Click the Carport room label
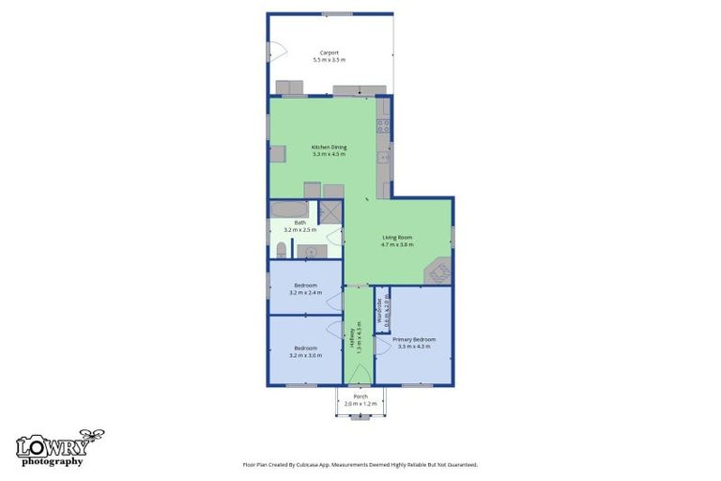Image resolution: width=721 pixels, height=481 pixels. (329, 53)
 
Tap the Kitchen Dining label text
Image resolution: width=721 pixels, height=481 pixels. (329, 147)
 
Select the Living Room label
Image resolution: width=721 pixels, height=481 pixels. (397, 238)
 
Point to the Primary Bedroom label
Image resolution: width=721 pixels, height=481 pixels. (413, 339)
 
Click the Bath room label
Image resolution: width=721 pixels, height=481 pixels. (299, 223)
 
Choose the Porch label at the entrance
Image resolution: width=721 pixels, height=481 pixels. (360, 396)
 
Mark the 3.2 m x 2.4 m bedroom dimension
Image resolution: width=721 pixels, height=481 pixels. (306, 292)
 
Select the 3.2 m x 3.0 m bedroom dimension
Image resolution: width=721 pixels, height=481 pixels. (306, 355)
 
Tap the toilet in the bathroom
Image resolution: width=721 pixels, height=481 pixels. (281, 250)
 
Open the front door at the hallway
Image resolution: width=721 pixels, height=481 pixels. (359, 376)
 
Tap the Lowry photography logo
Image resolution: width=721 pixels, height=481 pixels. (58, 448)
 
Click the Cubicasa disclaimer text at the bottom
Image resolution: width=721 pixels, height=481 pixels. (360, 464)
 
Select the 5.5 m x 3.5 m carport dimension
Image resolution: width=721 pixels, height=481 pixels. (329, 60)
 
